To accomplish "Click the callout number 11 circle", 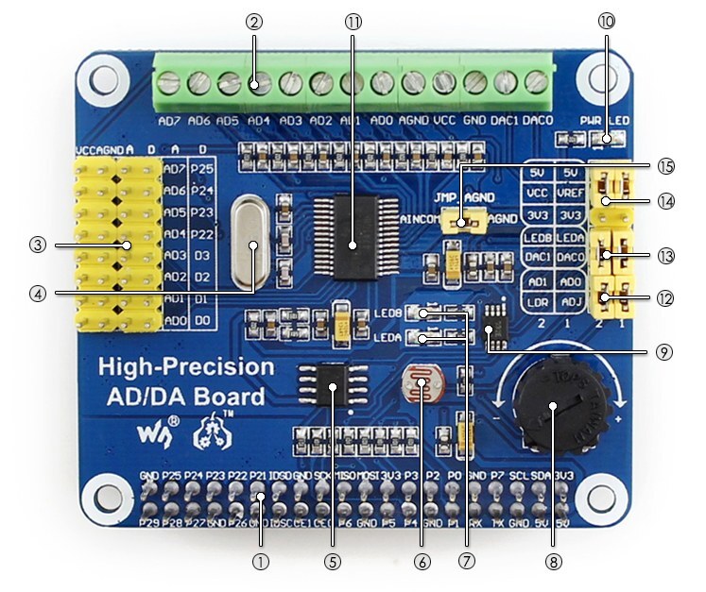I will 353,20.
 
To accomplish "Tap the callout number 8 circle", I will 553,561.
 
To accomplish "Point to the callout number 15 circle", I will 668,165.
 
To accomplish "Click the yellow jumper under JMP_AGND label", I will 462,223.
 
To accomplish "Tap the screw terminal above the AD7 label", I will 170,83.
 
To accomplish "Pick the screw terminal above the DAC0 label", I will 536,83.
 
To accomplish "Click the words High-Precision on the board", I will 187,367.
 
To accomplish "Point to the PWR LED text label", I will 605,121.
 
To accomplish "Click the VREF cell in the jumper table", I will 570,193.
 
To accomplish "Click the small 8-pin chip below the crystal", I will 332,386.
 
